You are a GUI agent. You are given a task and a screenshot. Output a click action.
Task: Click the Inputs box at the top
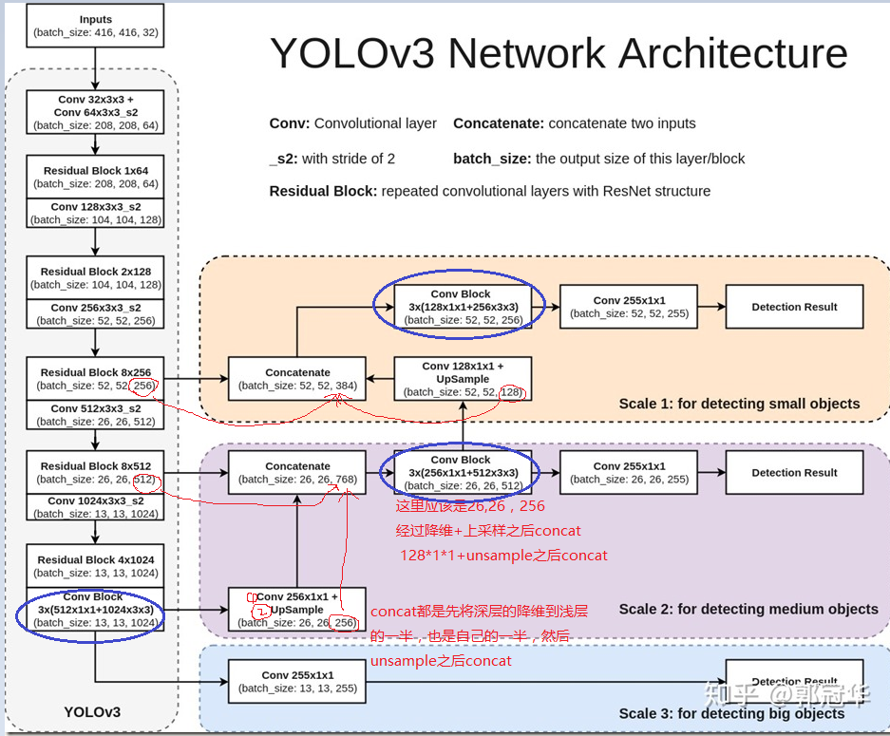96,26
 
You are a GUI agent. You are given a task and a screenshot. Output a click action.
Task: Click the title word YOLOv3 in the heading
352,54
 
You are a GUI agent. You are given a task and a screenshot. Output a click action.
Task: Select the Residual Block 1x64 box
96,178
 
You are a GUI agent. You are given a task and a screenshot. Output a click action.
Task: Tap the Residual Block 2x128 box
96,277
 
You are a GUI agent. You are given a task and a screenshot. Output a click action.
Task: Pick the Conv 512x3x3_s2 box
96,415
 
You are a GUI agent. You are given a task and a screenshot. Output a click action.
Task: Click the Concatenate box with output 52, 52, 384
297,379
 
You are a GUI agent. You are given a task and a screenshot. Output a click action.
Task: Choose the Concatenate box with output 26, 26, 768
297,473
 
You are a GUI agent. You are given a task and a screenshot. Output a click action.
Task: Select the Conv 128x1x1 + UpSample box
463,379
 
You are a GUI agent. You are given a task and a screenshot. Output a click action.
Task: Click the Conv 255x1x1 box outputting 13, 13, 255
297,682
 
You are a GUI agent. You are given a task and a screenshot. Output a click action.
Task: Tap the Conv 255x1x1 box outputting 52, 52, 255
630,307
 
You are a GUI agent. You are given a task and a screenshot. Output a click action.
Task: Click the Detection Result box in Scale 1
794,307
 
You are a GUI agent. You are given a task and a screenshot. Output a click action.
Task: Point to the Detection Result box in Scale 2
794,473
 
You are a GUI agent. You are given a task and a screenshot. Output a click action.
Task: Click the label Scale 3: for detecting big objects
731,713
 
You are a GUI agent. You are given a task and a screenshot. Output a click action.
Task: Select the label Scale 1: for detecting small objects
739,404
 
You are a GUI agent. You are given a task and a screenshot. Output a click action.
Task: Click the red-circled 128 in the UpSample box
510,392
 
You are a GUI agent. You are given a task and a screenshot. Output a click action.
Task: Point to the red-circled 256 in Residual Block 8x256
144,386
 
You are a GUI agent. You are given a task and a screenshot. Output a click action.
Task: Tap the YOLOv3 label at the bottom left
92,711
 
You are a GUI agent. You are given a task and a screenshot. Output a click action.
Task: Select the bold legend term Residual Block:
323,191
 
